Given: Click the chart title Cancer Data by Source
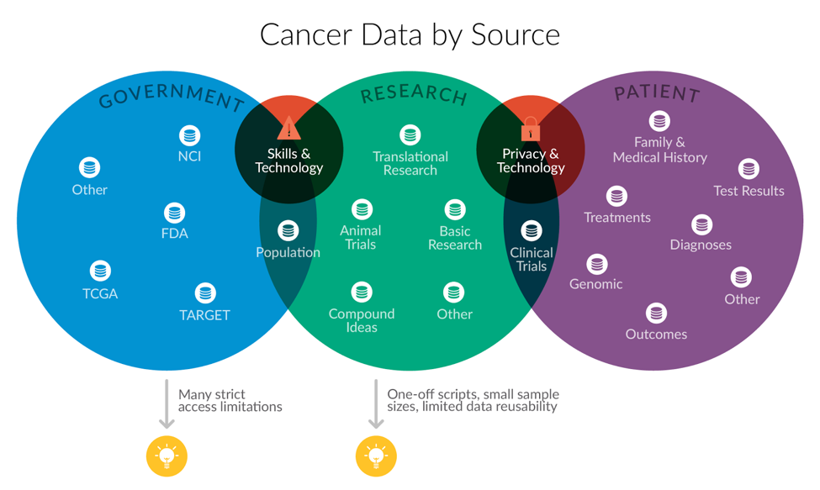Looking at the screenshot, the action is (x=410, y=35).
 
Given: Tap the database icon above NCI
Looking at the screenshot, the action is (x=189, y=136).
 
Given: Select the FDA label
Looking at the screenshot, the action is (x=175, y=233).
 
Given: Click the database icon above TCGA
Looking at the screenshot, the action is (x=100, y=271).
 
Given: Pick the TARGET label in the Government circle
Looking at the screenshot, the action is (x=204, y=315).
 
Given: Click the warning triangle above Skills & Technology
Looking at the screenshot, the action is (x=288, y=128).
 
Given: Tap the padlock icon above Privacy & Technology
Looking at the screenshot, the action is (x=531, y=129).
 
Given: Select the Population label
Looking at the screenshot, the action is (x=288, y=252).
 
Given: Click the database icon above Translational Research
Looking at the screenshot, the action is (x=410, y=135).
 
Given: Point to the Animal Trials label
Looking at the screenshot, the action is (x=361, y=238).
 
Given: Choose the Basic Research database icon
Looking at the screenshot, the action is (x=455, y=210).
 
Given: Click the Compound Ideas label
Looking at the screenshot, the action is (x=362, y=320).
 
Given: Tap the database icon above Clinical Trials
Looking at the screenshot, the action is (x=532, y=231).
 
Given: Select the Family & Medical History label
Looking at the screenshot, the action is (x=660, y=150).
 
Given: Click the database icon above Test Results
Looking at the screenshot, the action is (x=749, y=169).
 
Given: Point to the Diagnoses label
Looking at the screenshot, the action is (x=701, y=245).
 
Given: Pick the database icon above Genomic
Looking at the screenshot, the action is (x=596, y=264).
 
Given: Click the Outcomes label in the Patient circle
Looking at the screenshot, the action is (x=656, y=335).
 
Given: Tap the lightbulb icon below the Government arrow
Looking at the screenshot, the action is (x=167, y=456).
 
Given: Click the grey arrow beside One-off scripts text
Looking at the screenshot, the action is (x=376, y=403).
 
